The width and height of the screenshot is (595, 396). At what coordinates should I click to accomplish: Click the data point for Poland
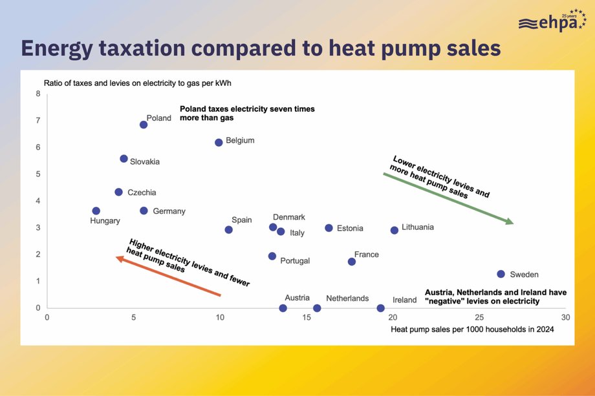point(144,125)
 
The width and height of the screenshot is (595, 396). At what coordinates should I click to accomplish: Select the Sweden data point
point(501,274)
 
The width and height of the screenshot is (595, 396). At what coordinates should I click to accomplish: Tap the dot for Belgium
point(219,142)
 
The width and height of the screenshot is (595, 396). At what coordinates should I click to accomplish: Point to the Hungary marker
point(96,211)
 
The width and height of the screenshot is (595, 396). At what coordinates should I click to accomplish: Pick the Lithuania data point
point(395,230)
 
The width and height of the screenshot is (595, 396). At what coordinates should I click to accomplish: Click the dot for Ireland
point(380,308)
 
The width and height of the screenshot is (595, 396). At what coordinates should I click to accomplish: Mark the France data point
point(352,262)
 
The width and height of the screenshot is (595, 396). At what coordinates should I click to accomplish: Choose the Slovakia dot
point(124,158)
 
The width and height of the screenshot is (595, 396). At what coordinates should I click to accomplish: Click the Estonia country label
point(350,228)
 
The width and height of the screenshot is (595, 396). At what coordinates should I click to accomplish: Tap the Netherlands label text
point(347,298)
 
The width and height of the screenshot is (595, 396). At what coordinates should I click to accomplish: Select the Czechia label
point(142,193)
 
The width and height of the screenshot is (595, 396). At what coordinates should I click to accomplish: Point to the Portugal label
point(295,261)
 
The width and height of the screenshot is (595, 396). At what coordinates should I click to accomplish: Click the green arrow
point(449,198)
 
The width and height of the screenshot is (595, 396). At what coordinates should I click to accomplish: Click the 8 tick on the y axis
point(38,94)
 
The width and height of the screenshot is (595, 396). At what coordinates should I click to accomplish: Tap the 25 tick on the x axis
point(479,318)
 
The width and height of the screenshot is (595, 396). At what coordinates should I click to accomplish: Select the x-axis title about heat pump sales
point(472,329)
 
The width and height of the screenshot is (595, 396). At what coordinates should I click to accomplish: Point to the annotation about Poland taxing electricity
point(247,114)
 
